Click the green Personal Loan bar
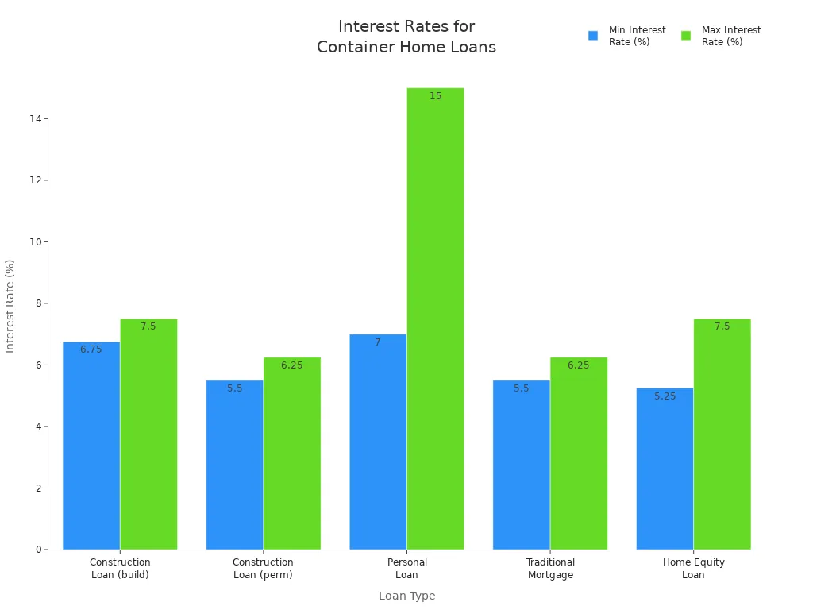pyautogui.click(x=435, y=318)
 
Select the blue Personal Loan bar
pyautogui.click(x=378, y=442)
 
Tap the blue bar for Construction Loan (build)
pyautogui.click(x=91, y=446)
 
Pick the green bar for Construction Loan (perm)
pyautogui.click(x=291, y=453)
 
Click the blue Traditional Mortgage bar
pyautogui.click(x=521, y=465)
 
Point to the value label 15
pyautogui.click(x=435, y=96)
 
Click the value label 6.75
pyautogui.click(x=91, y=349)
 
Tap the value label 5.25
pyautogui.click(x=665, y=396)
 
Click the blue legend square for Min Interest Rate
pyautogui.click(x=593, y=36)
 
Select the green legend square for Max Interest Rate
pyautogui.click(x=686, y=36)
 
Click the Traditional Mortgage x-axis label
pyautogui.click(x=550, y=569)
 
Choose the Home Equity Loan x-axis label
pyautogui.click(x=693, y=569)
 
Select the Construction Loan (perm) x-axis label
pyautogui.click(x=263, y=569)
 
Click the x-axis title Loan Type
pyautogui.click(x=406, y=596)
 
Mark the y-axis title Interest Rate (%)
pyautogui.click(x=10, y=306)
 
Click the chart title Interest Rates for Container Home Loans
pyautogui.click(x=406, y=37)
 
